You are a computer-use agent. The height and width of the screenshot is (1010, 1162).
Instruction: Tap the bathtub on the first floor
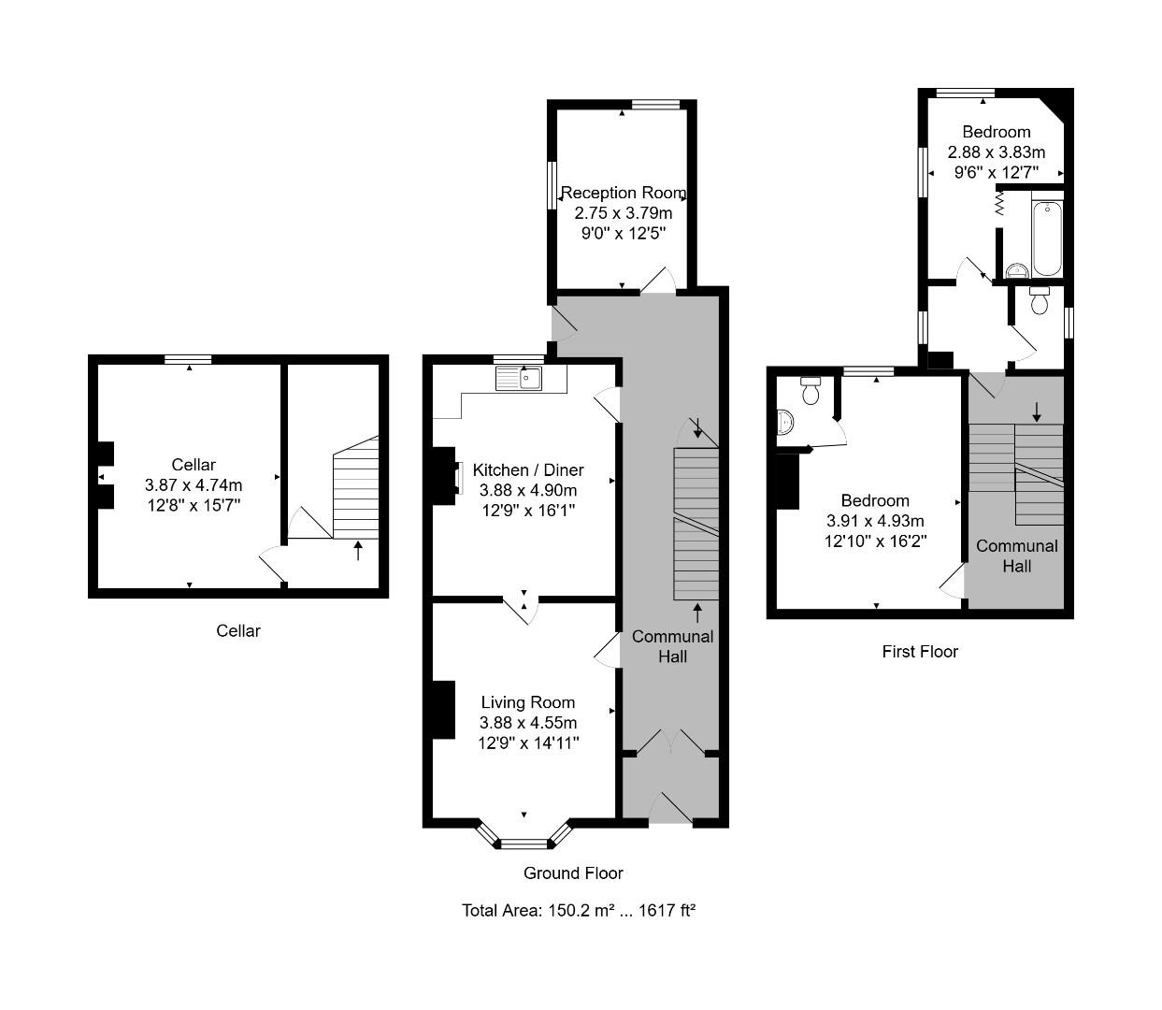point(1046,237)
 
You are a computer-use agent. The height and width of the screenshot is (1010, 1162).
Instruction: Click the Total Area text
point(579,910)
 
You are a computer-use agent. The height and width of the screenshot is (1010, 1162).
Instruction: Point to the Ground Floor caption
point(573,873)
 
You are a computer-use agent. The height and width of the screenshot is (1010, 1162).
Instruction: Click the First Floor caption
point(920,651)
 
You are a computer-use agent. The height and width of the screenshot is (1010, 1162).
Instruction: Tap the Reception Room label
point(623,193)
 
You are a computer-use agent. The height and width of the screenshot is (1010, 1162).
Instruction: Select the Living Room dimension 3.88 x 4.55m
point(528,722)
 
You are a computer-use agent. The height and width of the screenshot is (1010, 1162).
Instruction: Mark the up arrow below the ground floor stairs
point(697,613)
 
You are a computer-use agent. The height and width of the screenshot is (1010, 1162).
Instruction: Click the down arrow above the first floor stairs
point(1036,411)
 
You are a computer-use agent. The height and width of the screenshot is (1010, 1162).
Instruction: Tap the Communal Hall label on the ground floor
point(672,646)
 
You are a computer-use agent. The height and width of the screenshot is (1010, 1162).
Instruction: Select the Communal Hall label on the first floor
point(1017,555)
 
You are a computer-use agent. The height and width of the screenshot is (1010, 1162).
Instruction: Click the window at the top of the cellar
point(188,359)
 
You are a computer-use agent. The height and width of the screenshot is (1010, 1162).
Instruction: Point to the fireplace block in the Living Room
point(442,710)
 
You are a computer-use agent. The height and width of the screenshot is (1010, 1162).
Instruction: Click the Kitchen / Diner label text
point(528,469)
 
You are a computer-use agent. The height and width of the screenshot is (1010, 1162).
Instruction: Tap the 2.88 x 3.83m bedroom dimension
point(997,151)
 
